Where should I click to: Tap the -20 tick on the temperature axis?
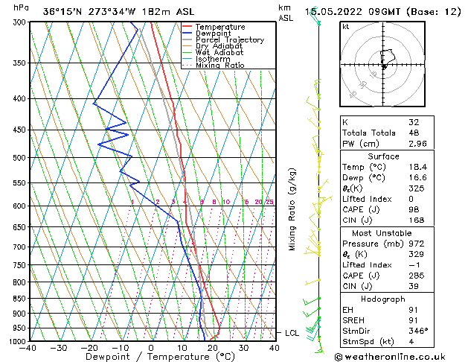pyautogui.click(x=89, y=347)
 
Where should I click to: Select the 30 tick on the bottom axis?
pyautogui.click(x=243, y=347)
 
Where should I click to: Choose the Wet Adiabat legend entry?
pyautogui.click(x=219, y=53)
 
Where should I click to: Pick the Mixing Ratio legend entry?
pyautogui.click(x=219, y=66)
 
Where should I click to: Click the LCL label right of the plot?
pyautogui.click(x=292, y=333)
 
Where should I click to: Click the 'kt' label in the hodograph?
pyautogui.click(x=346, y=27)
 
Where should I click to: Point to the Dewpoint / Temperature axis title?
pyautogui.click(x=152, y=357)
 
